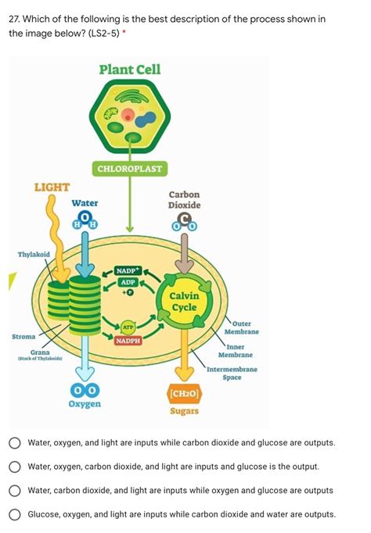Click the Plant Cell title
[x=130, y=70]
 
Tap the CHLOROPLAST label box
[x=130, y=169]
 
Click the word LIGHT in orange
[x=52, y=188]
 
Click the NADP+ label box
[x=128, y=270]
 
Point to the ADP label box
[x=128, y=281]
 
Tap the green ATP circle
[x=128, y=327]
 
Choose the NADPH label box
[x=128, y=341]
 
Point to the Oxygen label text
[x=85, y=405]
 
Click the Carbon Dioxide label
[x=185, y=200]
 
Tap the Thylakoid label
[x=34, y=255]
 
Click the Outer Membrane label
[x=243, y=328]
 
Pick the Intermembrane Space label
[x=232, y=374]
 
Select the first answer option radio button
[x=14, y=442]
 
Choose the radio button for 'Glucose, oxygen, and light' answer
[x=14, y=514]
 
